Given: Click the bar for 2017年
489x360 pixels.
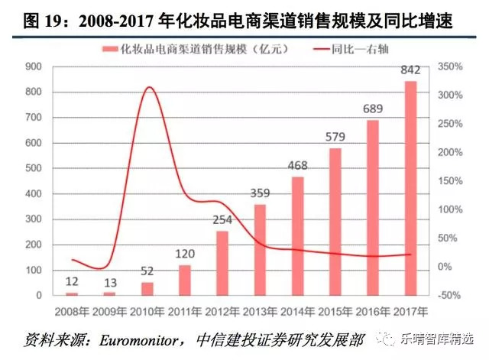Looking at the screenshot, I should (x=410, y=188).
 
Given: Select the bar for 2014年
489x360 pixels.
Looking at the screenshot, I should (x=297, y=236).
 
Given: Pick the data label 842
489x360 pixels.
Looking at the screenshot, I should (x=410, y=70).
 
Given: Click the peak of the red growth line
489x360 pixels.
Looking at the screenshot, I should (x=149, y=87).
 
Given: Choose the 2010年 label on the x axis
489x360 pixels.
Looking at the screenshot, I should (x=147, y=311).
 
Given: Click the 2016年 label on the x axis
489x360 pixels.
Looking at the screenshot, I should (x=372, y=311).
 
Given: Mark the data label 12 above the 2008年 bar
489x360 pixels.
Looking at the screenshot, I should (x=72, y=281).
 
